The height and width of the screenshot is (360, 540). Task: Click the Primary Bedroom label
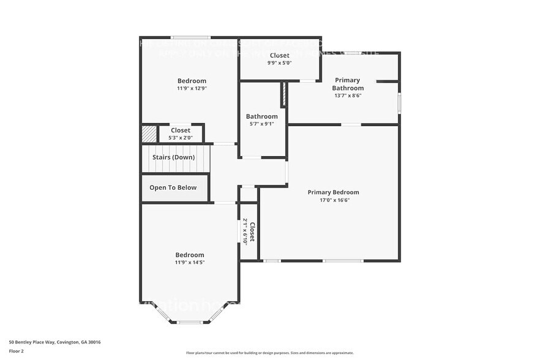333,192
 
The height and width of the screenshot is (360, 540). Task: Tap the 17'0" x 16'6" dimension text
333,200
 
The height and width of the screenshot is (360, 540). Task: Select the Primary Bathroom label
347,84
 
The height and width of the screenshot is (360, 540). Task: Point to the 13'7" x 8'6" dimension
347,96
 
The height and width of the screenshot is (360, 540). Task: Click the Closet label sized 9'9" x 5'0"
279,55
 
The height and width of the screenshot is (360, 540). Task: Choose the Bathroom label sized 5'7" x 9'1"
261,116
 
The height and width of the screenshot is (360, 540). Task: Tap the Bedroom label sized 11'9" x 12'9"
192,81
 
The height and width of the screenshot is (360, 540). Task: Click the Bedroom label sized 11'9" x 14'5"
190,255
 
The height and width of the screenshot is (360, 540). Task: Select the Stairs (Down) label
173,157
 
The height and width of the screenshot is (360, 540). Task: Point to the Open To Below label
173,187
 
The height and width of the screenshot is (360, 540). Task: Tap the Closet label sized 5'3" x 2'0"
180,130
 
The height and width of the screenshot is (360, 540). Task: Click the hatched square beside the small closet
149,133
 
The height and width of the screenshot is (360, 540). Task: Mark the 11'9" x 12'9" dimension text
192,89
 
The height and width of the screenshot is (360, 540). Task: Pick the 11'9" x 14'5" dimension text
190,263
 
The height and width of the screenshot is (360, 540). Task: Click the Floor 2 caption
17,351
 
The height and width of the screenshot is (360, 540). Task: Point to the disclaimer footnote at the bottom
269,353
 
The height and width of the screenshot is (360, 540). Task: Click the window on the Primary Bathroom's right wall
399,102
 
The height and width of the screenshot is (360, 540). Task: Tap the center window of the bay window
190,322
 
